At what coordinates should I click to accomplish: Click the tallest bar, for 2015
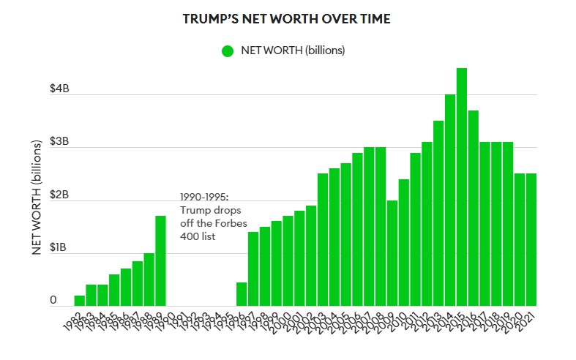coord(462,187)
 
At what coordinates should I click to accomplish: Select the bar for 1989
coord(160,260)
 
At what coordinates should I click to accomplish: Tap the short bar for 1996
coord(242,293)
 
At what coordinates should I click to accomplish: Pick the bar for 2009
coord(392,252)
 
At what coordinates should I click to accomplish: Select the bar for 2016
coord(473,208)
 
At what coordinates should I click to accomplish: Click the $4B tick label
coord(59,89)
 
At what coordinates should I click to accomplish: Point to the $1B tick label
coord(59,248)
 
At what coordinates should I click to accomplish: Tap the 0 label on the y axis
coord(53,300)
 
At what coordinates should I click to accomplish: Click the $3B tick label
coord(59,142)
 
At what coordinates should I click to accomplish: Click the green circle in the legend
coord(227,51)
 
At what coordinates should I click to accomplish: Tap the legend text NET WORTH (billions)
coord(293,51)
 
